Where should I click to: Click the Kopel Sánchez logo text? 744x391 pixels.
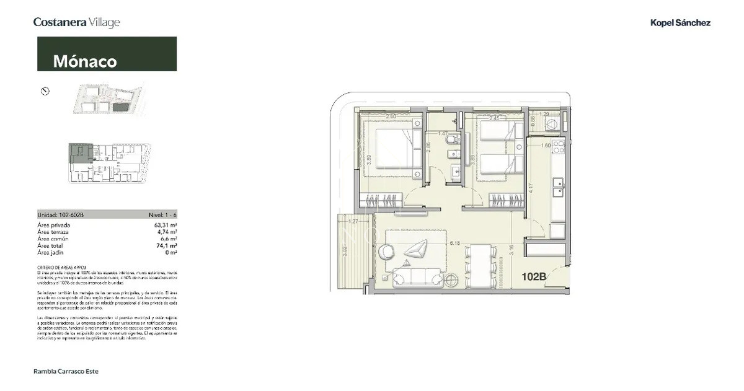pyautogui.click(x=680, y=23)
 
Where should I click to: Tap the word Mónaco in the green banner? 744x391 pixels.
pyautogui.click(x=85, y=61)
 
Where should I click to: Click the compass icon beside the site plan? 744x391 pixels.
pyautogui.click(x=45, y=91)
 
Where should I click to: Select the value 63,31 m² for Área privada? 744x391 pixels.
pyautogui.click(x=166, y=225)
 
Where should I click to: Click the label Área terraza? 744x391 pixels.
pyautogui.click(x=53, y=232)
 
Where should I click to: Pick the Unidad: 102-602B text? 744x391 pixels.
pyautogui.click(x=60, y=214)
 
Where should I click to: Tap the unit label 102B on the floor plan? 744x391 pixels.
pyautogui.click(x=533, y=277)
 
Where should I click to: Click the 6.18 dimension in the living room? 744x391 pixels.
pyautogui.click(x=456, y=244)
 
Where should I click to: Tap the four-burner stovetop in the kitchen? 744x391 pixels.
pyautogui.click(x=559, y=147)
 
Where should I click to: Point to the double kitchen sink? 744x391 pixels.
pyautogui.click(x=559, y=184)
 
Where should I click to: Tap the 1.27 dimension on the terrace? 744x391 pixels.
pyautogui.click(x=354, y=221)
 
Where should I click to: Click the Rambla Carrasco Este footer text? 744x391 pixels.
pyautogui.click(x=66, y=371)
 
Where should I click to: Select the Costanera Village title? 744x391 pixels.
pyautogui.click(x=76, y=22)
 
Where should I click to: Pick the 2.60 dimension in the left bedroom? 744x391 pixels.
pyautogui.click(x=391, y=116)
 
